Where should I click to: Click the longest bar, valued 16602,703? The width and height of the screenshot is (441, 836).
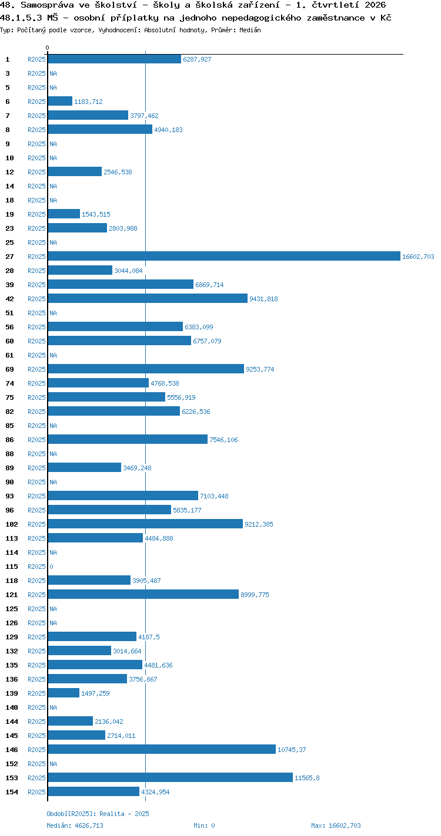224,256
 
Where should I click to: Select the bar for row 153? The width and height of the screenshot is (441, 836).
171,777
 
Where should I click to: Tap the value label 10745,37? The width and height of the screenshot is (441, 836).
292,750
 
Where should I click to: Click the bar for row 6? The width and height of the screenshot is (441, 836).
60,101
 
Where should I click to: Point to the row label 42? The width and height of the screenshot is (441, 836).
10,299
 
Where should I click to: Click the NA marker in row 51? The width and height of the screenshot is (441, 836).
53,313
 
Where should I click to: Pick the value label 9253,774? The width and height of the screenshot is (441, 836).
260,369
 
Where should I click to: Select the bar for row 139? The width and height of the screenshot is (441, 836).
64,693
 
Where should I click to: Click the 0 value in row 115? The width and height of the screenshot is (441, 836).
51,567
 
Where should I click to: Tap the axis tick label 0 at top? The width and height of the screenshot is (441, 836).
47,48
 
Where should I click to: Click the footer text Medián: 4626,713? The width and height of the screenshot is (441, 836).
75,825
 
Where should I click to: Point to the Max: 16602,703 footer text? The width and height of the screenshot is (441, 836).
336,825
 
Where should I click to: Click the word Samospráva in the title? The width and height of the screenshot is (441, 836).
47,5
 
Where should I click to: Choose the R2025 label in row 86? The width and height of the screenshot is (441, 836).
36,440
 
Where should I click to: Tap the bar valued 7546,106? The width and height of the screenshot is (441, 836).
128,439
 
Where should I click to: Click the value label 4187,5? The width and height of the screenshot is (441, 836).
149,637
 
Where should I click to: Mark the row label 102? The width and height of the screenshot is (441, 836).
12,524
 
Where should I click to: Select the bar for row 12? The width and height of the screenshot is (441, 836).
75,171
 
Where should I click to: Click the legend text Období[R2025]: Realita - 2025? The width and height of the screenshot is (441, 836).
98,814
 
